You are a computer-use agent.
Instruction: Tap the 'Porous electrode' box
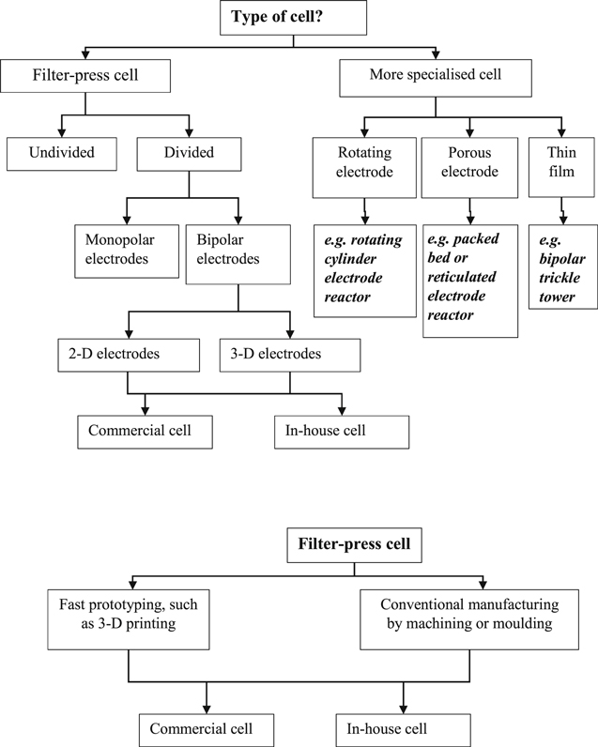(x=469, y=167)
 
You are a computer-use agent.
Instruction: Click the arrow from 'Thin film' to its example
(x=562, y=210)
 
